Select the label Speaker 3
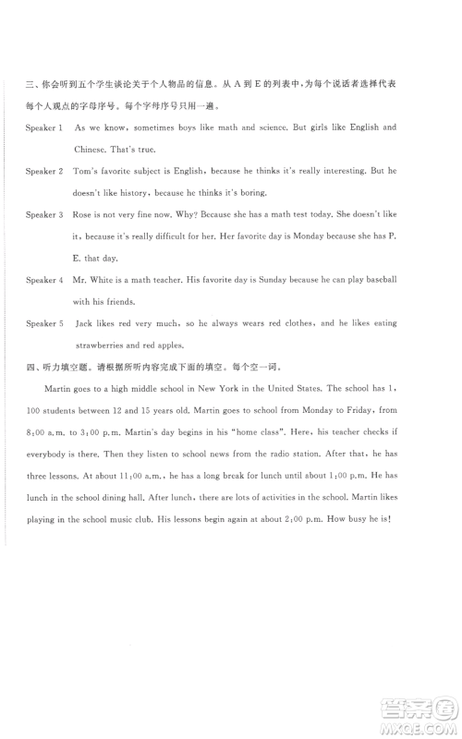coord(44,215)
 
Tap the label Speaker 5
coord(44,324)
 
